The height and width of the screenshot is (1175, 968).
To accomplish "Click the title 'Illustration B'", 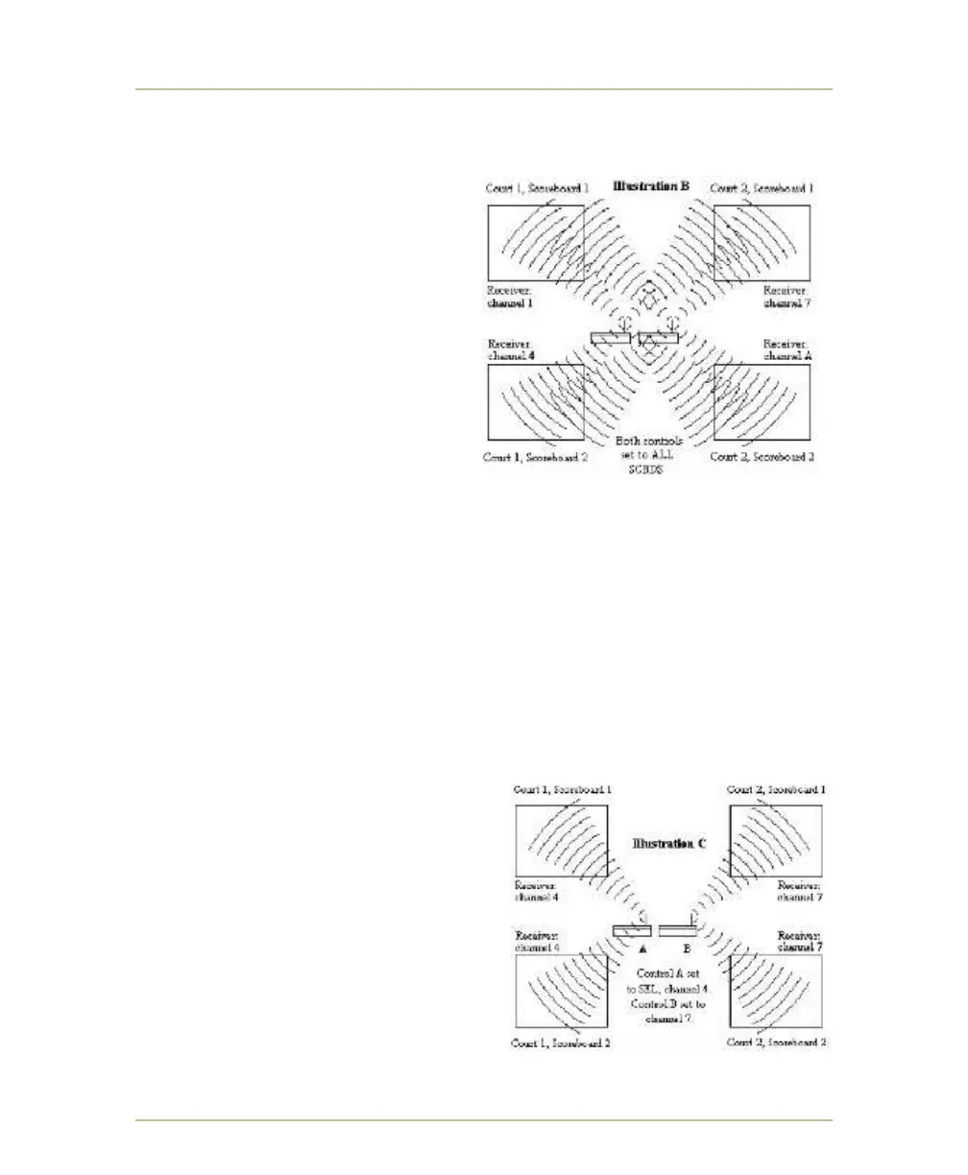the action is pyautogui.click(x=651, y=185).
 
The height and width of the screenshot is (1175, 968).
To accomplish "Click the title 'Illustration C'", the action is pyautogui.click(x=669, y=844).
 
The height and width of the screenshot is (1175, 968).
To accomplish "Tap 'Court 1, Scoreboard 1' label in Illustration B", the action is pyautogui.click(x=536, y=189).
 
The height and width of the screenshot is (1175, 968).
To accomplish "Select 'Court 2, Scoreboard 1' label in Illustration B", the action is pyautogui.click(x=762, y=189).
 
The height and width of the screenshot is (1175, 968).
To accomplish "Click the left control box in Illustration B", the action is pyautogui.click(x=612, y=338).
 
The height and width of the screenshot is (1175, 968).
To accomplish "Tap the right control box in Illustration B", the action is pyautogui.click(x=658, y=338).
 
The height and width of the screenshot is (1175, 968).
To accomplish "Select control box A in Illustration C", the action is pyautogui.click(x=632, y=930).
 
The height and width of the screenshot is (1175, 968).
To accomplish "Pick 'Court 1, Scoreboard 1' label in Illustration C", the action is pyautogui.click(x=563, y=789).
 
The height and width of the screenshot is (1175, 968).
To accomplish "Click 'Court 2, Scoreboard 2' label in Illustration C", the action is pyautogui.click(x=778, y=1043).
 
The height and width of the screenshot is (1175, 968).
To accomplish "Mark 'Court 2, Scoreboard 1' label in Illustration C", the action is pyautogui.click(x=778, y=789).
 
